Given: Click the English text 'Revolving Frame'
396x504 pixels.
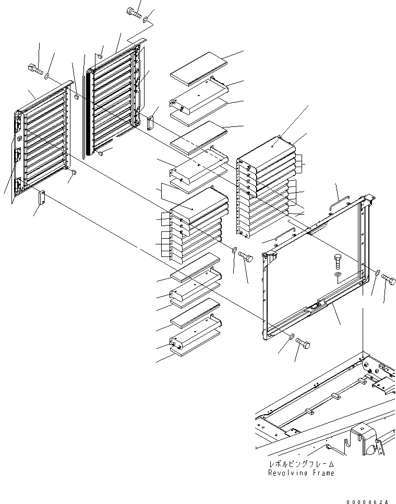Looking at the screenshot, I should (x=301, y=473).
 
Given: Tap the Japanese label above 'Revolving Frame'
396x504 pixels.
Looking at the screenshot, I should (x=301, y=464).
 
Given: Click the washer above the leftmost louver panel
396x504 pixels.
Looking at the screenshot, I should (x=47, y=76).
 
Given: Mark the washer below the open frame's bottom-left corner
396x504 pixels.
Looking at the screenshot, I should (x=291, y=336).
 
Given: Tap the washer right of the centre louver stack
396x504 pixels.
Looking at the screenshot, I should (x=234, y=249).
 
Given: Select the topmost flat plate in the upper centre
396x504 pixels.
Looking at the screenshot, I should (x=200, y=65).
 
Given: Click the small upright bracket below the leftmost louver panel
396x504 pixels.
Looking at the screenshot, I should (x=41, y=198).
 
